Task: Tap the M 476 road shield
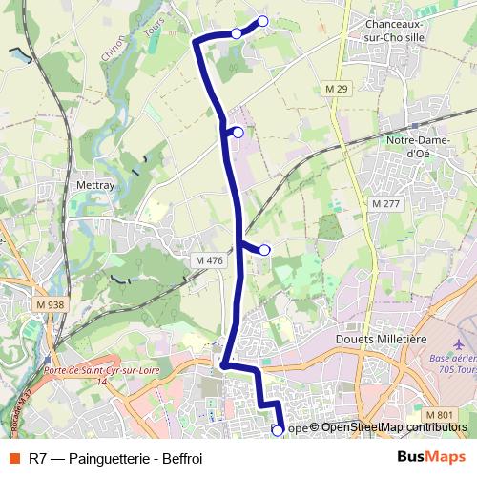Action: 209,260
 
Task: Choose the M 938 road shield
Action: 53,304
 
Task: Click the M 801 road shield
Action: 440,414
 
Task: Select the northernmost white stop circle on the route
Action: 262,21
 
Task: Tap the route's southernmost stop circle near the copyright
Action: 278,430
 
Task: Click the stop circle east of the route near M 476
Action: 264,250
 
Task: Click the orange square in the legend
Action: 12,456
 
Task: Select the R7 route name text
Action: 39,456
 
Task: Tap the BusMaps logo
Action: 429,456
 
